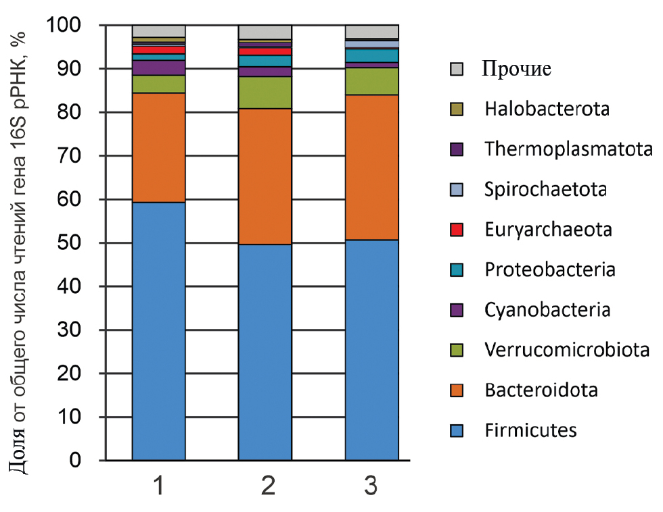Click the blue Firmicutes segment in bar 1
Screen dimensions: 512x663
pyautogui.click(x=158, y=331)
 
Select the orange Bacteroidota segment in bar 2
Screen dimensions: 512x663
pyautogui.click(x=265, y=176)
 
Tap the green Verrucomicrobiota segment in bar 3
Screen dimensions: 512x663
pyautogui.click(x=371, y=81)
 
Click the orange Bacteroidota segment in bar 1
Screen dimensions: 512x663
pyautogui.click(x=158, y=147)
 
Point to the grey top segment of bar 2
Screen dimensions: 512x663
pyautogui.click(x=265, y=32)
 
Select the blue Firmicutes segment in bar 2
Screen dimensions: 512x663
pyautogui.click(x=265, y=352)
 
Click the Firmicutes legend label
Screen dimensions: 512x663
pyautogui.click(x=530, y=430)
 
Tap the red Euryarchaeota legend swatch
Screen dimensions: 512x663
pyautogui.click(x=457, y=230)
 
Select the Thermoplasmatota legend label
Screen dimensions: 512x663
pyautogui.click(x=568, y=149)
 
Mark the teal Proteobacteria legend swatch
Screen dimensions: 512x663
pyautogui.click(x=457, y=270)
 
